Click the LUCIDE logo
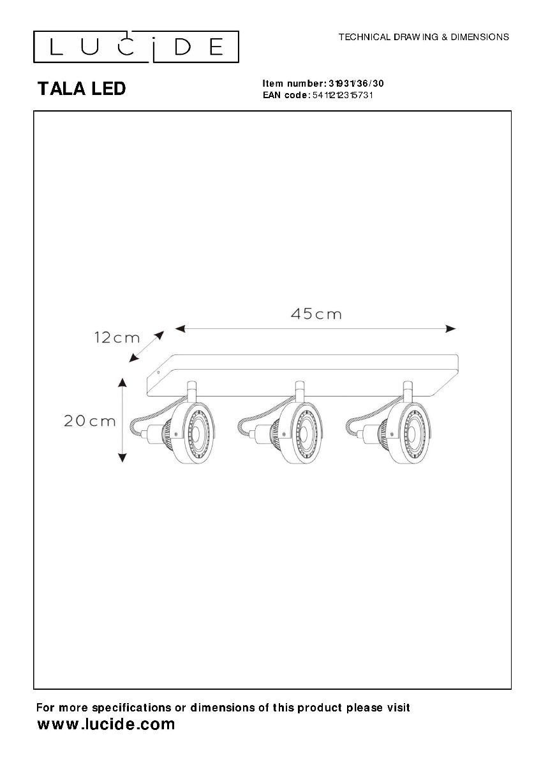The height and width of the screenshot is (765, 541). coord(136,47)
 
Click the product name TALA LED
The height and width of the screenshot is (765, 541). coord(82,89)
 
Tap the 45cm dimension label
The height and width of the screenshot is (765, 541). coord(316,314)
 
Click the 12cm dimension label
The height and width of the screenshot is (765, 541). coord(117,339)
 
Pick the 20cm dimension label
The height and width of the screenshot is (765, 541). coord(89,421)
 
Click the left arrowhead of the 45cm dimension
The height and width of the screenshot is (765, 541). coord(180,329)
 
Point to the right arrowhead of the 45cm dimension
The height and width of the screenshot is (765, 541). coord(451,329)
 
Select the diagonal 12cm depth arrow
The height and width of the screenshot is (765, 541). coord(147,346)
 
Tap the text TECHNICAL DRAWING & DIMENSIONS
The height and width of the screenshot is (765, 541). coord(424,37)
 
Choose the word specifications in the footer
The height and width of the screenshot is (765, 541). coord(131,708)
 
